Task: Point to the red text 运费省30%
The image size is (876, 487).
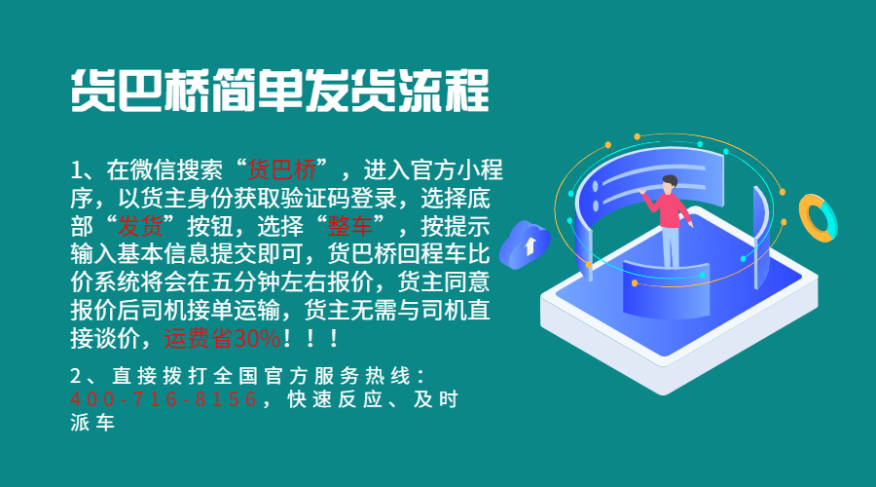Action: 223,340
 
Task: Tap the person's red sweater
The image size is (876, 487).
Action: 670,209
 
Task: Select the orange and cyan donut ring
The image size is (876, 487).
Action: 816,216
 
